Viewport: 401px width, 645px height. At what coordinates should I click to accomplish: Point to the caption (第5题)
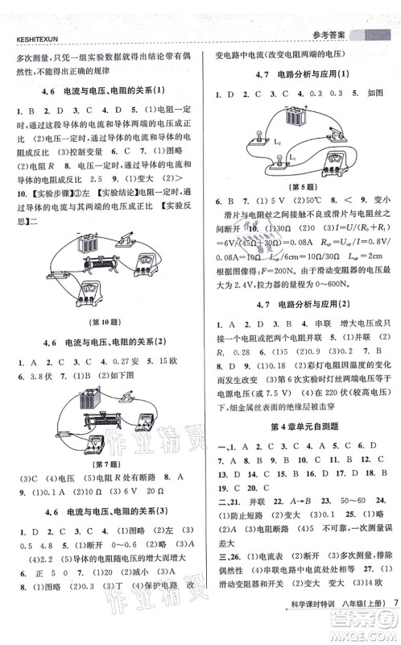click(x=303, y=186)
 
